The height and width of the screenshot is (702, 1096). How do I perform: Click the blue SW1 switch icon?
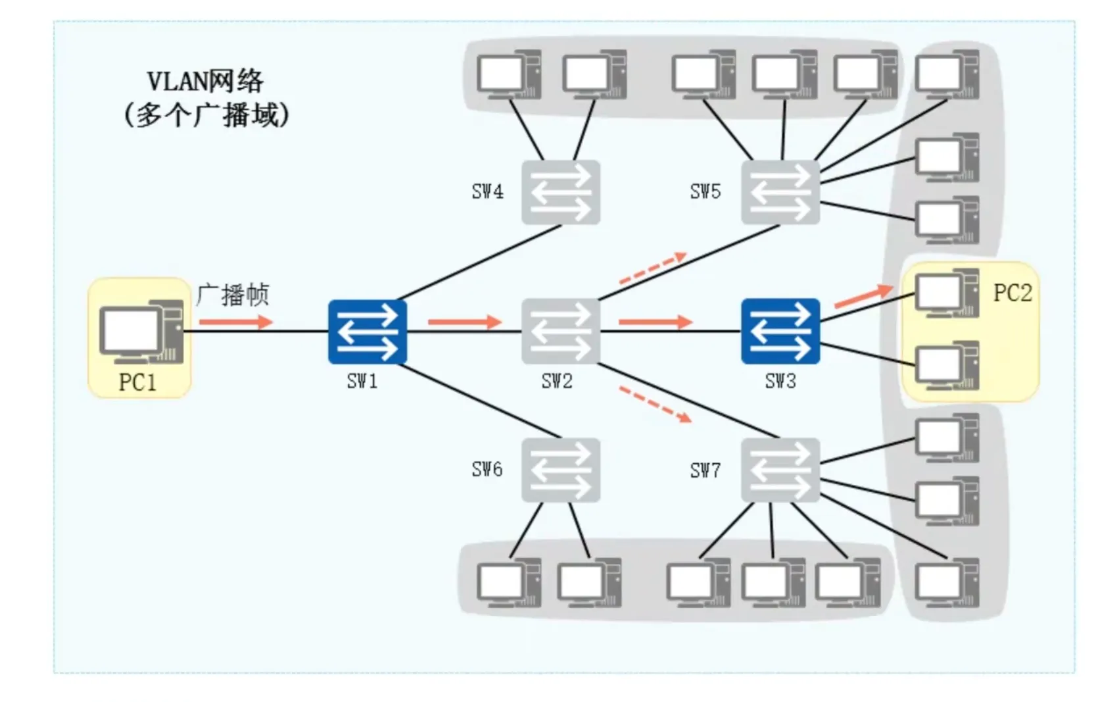pos(367,332)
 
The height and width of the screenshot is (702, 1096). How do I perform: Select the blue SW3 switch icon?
pos(780,331)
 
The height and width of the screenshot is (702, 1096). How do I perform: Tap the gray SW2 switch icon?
pos(560,332)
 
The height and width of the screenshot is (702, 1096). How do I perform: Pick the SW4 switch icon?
pos(560,192)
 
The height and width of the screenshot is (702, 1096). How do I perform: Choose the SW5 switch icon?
pos(780,192)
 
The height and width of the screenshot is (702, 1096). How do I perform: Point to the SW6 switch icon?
pos(560,470)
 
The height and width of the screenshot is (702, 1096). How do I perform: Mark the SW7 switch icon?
pos(780,470)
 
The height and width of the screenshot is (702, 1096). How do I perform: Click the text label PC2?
pos(1012,293)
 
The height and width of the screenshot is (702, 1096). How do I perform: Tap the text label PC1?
pos(137,382)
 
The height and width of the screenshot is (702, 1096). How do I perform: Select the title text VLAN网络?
pos(205,82)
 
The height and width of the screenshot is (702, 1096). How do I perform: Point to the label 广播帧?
pos(233,295)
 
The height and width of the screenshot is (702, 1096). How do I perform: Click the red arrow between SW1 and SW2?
pos(464,322)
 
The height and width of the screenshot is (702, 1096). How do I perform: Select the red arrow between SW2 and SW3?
pos(655,322)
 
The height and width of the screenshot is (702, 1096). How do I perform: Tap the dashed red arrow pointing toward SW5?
pos(653,268)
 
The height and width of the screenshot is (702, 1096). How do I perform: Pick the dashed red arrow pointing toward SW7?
pos(655,404)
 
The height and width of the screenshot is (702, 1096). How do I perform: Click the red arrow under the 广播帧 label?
pos(235,322)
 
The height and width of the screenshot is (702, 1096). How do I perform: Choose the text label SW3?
pos(780,381)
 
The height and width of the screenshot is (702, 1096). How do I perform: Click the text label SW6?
pos(487,470)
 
